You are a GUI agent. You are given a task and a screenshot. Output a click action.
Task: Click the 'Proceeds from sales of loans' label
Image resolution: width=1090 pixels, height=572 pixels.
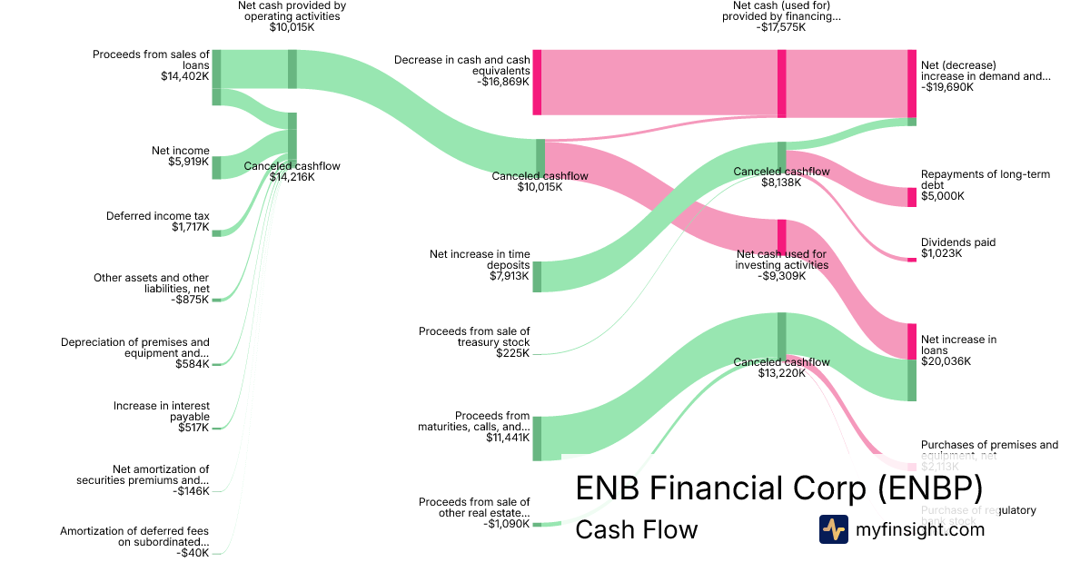(151, 60)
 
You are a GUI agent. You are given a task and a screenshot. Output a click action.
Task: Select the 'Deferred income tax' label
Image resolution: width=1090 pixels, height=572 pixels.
(157, 216)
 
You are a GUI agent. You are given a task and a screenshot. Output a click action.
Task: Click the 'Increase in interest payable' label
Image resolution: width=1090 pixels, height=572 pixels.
(161, 411)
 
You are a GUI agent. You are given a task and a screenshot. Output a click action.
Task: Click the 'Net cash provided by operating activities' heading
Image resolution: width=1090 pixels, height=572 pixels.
(292, 10)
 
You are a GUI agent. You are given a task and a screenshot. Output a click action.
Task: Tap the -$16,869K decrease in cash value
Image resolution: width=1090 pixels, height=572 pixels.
(502, 82)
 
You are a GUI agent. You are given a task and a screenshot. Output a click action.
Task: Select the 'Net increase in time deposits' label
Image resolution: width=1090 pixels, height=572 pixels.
(479, 260)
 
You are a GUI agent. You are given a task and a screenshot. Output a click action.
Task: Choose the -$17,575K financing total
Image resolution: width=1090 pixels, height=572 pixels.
(780, 27)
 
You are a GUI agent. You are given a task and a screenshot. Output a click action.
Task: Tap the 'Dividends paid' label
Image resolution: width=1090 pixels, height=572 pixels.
(957, 242)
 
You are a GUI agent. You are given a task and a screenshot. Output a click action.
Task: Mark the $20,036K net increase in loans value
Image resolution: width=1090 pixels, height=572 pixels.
(946, 361)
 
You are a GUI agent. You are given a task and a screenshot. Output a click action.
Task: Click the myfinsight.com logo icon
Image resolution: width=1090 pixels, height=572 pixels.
(833, 529)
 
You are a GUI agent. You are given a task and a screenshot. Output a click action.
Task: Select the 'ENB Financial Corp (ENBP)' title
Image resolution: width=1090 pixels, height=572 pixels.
(778, 488)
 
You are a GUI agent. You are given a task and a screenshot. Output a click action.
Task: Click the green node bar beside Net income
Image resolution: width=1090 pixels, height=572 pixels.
(216, 168)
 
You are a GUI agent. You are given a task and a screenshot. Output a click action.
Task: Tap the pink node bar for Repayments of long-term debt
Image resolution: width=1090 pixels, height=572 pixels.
(912, 197)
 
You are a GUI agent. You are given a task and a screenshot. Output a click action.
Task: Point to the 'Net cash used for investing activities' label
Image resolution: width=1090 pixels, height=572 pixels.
(781, 260)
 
